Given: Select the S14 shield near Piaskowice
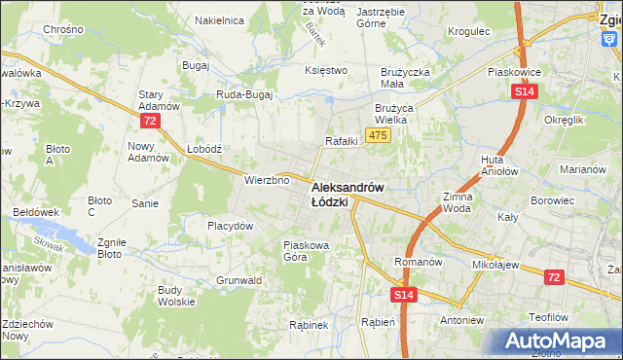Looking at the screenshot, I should tap(525, 91).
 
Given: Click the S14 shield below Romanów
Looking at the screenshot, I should tap(405, 294).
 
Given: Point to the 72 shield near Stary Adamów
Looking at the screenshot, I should tap(149, 121).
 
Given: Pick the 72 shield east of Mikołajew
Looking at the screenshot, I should tap(553, 277).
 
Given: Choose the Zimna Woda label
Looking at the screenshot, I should tap(458, 202).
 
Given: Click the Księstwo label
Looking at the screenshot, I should tap(326, 70).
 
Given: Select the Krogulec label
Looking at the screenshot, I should tap(469, 31).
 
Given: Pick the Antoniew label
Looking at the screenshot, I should tap(461, 320).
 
